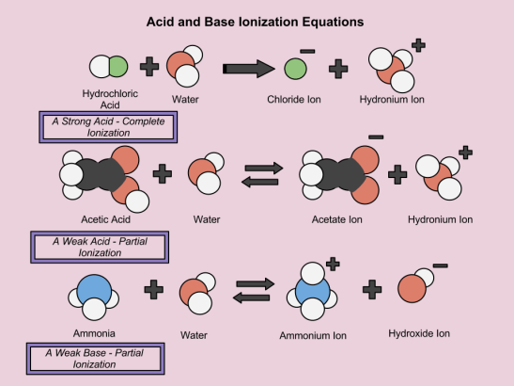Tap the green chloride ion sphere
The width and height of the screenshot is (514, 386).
click(x=294, y=68)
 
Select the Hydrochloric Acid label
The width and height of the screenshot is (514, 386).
click(x=111, y=100)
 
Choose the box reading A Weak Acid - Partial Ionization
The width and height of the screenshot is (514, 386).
click(x=99, y=247)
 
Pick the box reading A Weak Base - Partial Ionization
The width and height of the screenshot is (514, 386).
click(x=96, y=359)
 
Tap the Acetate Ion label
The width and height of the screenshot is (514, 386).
click(x=339, y=219)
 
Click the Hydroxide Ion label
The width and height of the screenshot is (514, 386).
click(x=419, y=333)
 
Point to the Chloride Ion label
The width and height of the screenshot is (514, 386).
click(x=295, y=98)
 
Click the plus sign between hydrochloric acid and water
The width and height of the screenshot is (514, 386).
click(x=148, y=68)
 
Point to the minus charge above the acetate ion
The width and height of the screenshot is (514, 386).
click(x=375, y=137)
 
